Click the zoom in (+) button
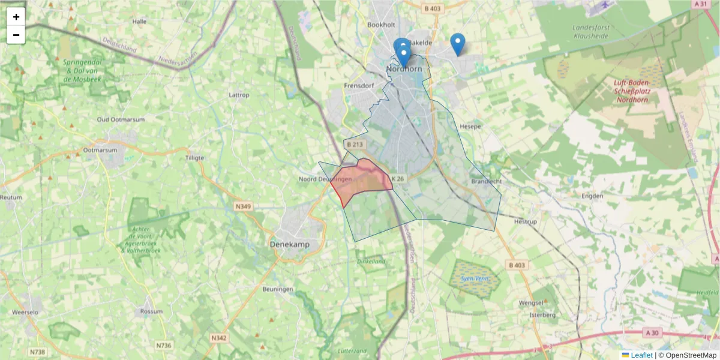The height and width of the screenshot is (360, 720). [16, 17]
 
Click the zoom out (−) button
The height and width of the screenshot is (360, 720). [16, 35]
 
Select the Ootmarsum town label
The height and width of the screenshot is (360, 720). [100, 150]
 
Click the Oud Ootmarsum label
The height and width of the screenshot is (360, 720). [121, 119]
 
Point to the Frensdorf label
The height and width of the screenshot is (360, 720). [359, 86]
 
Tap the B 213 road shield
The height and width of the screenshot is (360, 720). [355, 145]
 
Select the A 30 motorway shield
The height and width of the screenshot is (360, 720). [653, 332]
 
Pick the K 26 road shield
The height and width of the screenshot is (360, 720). [397, 179]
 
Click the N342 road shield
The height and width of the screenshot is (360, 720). [219, 338]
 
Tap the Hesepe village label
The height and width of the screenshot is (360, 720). [470, 127]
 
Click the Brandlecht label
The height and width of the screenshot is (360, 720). [486, 181]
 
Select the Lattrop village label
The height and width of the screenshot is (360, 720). [239, 95]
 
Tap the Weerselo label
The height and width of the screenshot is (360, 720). [25, 313]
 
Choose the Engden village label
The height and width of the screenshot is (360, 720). [593, 196]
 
